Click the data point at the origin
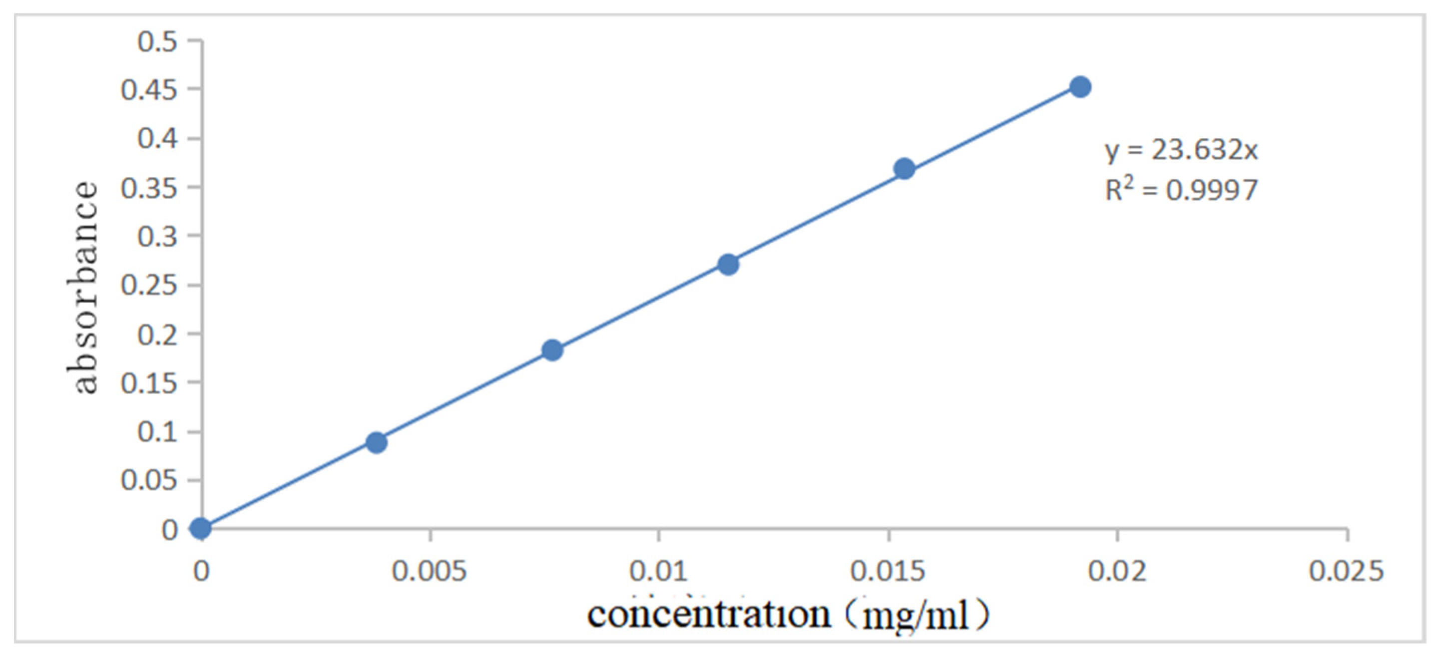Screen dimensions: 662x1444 (x=201, y=528)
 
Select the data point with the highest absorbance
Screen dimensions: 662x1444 (x=1080, y=87)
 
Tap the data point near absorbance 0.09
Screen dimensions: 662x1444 (x=376, y=442)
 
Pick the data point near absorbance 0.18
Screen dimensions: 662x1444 (x=552, y=350)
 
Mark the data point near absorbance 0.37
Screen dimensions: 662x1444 (x=904, y=169)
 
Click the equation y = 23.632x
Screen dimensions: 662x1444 (x=1181, y=150)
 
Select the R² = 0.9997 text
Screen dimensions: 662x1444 (x=1181, y=190)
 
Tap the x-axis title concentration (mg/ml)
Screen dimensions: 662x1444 (x=788, y=615)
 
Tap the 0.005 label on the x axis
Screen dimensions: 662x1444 (x=429, y=571)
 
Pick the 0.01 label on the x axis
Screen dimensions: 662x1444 (x=659, y=571)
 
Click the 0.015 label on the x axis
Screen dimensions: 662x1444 (x=888, y=571)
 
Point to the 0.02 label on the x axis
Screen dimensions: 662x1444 (x=1117, y=571)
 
